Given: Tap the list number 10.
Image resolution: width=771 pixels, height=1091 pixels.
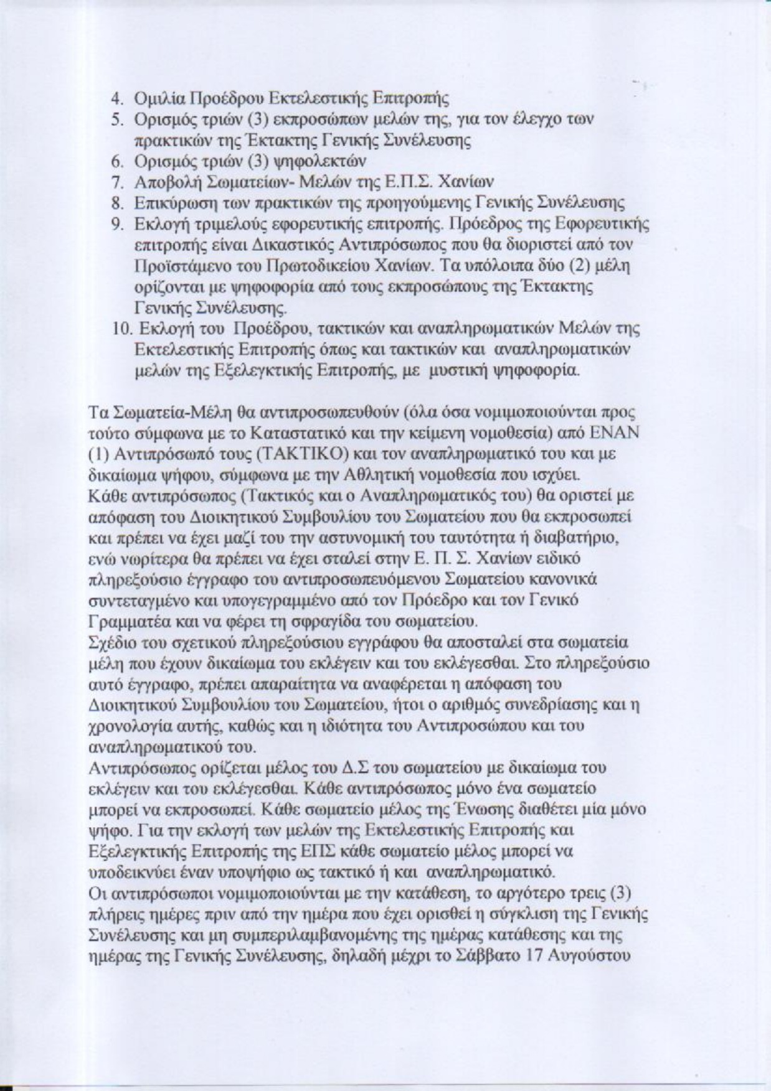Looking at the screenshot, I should (119, 329).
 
